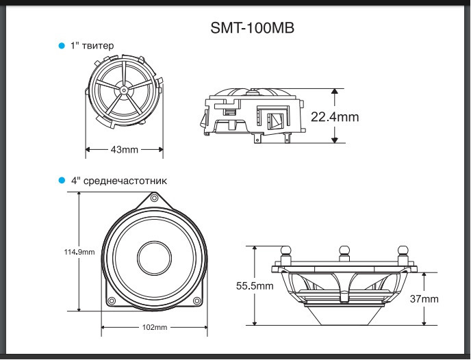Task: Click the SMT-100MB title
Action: coord(253,28)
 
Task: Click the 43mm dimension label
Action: coord(125,149)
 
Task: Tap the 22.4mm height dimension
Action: coord(335,117)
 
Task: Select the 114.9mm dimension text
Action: coord(79,252)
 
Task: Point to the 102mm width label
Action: coord(155,327)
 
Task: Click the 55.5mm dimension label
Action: coord(255,286)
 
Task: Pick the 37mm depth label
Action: coord(424,299)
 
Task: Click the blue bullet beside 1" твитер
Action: coord(62,46)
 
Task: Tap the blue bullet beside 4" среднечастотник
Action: coord(62,181)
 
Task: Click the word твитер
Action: coord(98,46)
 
